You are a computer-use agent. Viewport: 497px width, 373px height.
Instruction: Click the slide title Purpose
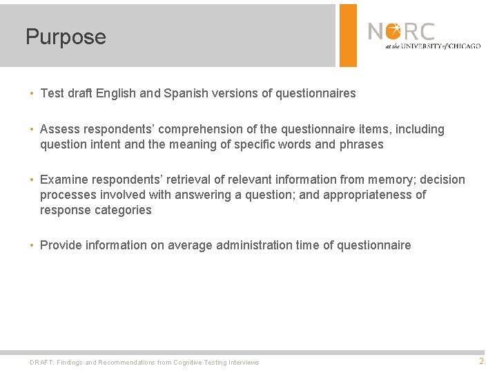click(66, 37)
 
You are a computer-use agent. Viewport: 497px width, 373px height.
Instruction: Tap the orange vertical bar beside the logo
click(349, 35)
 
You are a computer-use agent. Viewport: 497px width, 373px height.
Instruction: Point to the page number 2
click(481, 361)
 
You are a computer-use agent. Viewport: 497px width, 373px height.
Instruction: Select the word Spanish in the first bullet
click(182, 93)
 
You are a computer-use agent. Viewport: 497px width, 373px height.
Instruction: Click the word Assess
click(60, 129)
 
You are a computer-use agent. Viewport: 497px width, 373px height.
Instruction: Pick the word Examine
click(64, 180)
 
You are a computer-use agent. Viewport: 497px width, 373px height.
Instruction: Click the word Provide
click(61, 245)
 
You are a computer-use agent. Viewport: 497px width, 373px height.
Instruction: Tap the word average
click(191, 245)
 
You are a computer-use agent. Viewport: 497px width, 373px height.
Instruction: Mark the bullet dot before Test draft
click(32, 93)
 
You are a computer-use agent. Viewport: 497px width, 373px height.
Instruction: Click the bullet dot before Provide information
click(32, 245)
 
